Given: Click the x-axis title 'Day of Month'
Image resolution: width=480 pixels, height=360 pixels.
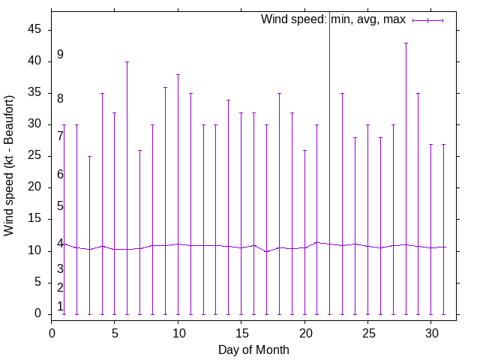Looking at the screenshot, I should point(253,349).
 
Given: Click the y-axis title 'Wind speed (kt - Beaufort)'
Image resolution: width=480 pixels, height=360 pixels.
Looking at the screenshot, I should point(10,166).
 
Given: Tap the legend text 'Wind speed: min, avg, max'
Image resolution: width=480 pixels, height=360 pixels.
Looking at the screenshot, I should point(333,19).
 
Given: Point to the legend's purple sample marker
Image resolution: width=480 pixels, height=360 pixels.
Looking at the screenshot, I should point(427,20).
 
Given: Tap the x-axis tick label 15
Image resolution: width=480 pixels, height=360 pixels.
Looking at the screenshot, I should point(241,331).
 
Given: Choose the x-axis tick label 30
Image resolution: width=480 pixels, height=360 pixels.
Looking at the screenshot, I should point(430,331).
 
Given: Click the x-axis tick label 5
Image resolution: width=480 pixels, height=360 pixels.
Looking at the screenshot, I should point(115,331).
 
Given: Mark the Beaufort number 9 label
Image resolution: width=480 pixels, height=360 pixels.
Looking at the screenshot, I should point(60,55).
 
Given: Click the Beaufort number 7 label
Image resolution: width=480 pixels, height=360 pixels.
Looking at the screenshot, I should point(60,136).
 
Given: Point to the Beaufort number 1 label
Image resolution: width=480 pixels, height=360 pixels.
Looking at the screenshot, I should point(60,307).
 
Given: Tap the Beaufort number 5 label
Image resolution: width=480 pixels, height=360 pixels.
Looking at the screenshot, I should point(60,206).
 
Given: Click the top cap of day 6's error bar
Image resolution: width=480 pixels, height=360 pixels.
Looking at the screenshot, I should point(127,61).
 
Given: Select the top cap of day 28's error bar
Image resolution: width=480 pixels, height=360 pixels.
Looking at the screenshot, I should point(406,43).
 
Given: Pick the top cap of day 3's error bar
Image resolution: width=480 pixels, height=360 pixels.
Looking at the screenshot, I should point(89,156).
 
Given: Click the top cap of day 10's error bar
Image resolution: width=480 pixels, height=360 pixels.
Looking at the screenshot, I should point(178,74).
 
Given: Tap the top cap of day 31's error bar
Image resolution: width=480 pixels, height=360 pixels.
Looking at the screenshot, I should point(443,144).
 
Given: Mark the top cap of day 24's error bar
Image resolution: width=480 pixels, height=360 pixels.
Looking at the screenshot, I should point(355,137).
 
